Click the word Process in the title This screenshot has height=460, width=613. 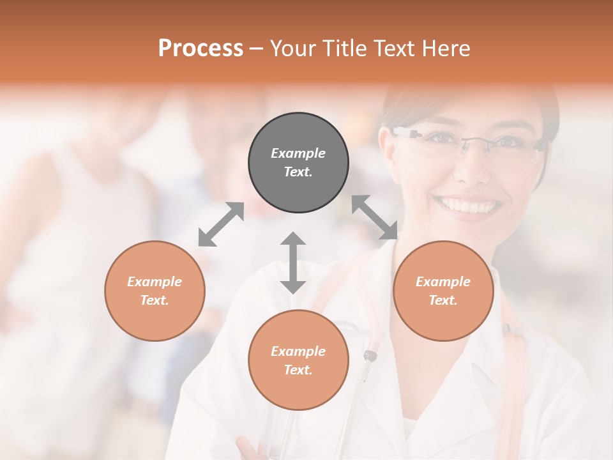[x=201, y=49]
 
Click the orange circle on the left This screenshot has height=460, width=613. [x=155, y=291]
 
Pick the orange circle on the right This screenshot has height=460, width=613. [x=443, y=291]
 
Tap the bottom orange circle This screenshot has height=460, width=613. [x=298, y=360]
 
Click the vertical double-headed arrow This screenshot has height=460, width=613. [x=293, y=263]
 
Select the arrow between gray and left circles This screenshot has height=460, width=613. [x=221, y=224]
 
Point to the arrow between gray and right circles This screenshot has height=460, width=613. [x=374, y=217]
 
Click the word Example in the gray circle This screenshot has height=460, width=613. [x=298, y=153]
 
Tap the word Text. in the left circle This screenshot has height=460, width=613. [x=155, y=300]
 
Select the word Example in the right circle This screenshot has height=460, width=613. [x=443, y=282]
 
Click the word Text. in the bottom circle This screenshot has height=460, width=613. [x=298, y=370]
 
